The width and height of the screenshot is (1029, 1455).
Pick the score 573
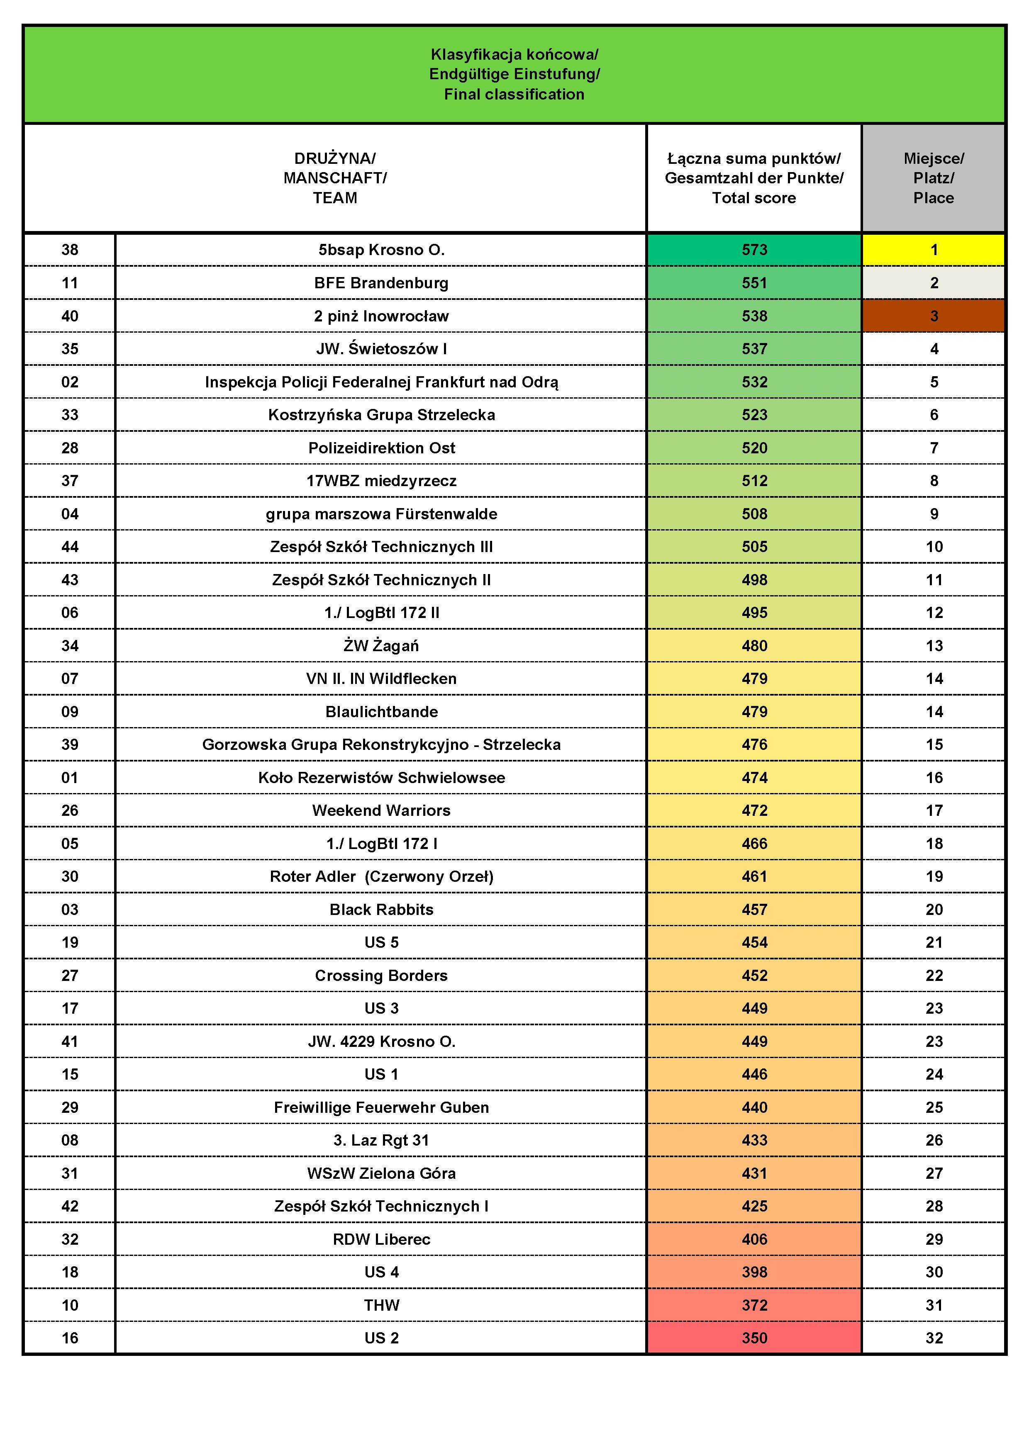coord(754,250)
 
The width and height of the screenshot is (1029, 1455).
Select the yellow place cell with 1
coord(933,250)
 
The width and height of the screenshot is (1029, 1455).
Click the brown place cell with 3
coord(933,316)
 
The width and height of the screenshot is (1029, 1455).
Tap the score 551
coord(754,282)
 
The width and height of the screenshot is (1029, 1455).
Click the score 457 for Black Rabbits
coord(754,909)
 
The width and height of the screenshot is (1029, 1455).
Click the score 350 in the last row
coord(754,1338)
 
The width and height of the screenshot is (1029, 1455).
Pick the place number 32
coord(933,1338)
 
